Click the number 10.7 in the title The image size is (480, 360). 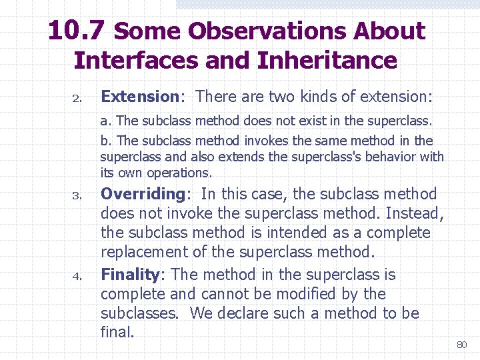point(77,31)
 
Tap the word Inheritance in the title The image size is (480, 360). point(327,61)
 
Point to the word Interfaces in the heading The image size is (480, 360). point(136,61)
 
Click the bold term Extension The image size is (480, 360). point(139,97)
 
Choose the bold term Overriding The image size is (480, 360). point(142,195)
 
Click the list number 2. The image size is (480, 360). point(77,99)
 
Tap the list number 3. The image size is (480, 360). point(77,197)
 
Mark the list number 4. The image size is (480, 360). point(77,276)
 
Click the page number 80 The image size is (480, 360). point(461,345)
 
